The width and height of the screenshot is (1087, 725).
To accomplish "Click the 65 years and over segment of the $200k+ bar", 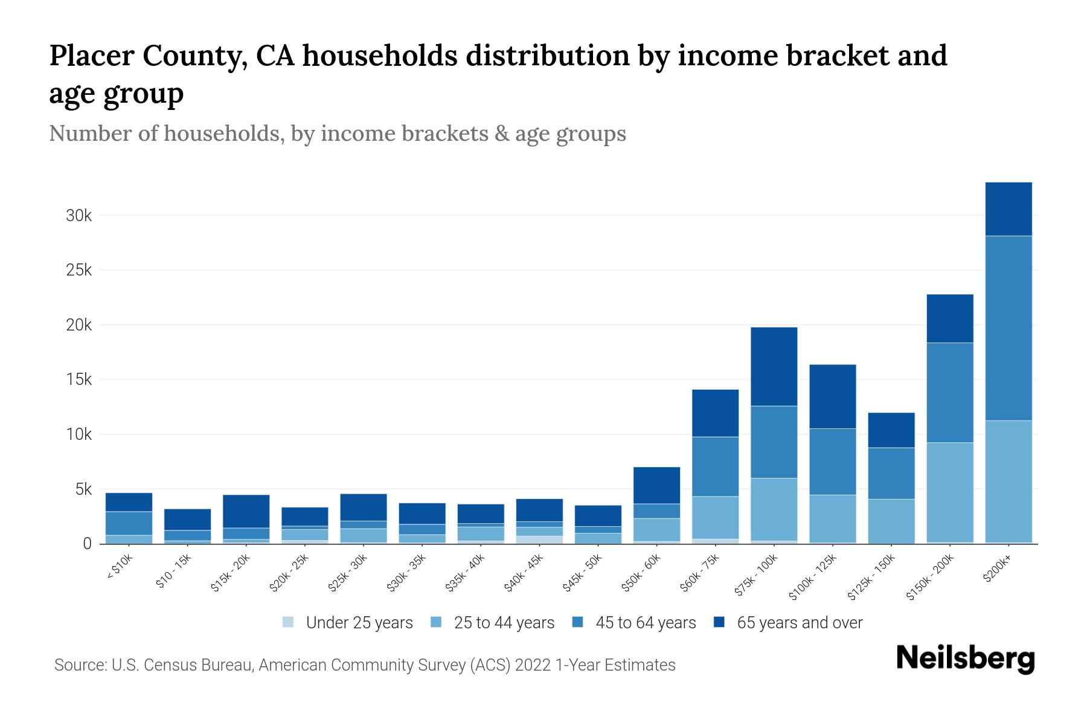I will point(1008,209).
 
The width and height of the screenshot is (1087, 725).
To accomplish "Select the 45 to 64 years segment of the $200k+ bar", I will point(1008,328).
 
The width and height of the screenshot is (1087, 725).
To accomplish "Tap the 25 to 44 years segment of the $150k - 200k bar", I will point(949,492).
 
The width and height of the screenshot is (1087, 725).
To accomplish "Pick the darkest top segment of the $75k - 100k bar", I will point(774,367).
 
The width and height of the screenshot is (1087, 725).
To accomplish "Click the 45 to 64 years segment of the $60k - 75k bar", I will point(715,466).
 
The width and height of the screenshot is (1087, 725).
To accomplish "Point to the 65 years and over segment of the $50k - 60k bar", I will point(656,485).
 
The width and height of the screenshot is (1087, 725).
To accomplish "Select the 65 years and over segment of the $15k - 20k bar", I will point(246,511).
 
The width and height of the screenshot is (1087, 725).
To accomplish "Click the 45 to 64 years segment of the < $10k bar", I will point(129,523).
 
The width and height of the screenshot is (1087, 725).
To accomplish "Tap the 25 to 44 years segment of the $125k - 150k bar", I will point(891,521).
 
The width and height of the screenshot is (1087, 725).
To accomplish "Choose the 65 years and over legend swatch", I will point(719,622).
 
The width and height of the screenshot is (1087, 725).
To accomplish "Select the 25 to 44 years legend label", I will point(504,623).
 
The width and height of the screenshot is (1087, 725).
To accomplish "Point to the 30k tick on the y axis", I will point(79,216).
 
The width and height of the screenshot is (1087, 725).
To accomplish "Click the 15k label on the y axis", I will point(79,380).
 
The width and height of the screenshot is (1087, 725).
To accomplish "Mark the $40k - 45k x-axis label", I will point(525,574).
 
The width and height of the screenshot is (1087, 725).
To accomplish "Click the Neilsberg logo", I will point(965,659).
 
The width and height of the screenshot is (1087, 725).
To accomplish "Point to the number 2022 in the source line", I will point(533,665).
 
